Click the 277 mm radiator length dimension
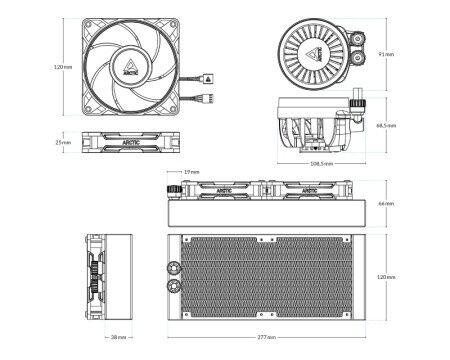(264, 338)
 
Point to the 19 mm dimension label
(189, 172)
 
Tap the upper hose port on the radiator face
(174, 267)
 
